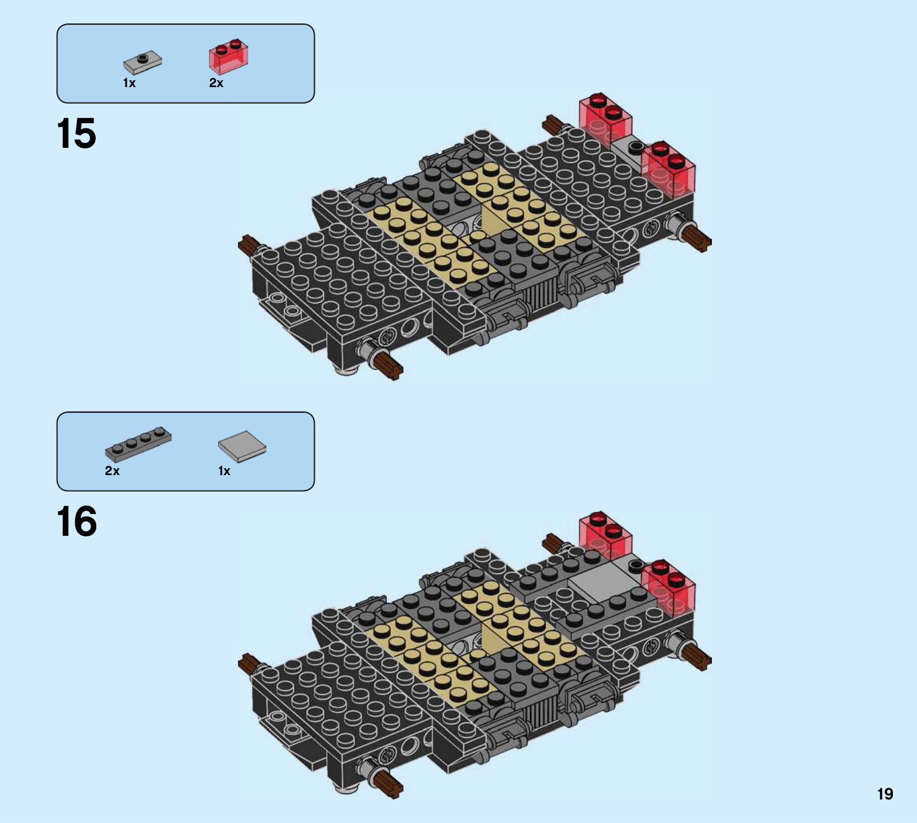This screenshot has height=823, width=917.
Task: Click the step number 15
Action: click(x=77, y=134)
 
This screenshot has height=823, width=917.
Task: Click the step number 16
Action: click(x=77, y=522)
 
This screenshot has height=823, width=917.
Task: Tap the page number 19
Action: click(x=885, y=794)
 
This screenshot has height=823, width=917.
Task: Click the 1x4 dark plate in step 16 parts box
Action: click(x=138, y=444)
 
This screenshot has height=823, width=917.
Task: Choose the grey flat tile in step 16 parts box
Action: click(x=242, y=446)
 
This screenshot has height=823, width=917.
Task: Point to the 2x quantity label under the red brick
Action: click(x=216, y=83)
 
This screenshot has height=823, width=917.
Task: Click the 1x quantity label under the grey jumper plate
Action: click(x=130, y=83)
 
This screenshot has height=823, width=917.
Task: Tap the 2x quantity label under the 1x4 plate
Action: click(x=112, y=471)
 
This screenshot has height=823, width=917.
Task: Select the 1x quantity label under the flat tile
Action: click(x=224, y=471)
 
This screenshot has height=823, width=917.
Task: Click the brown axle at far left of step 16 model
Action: click(x=250, y=663)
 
